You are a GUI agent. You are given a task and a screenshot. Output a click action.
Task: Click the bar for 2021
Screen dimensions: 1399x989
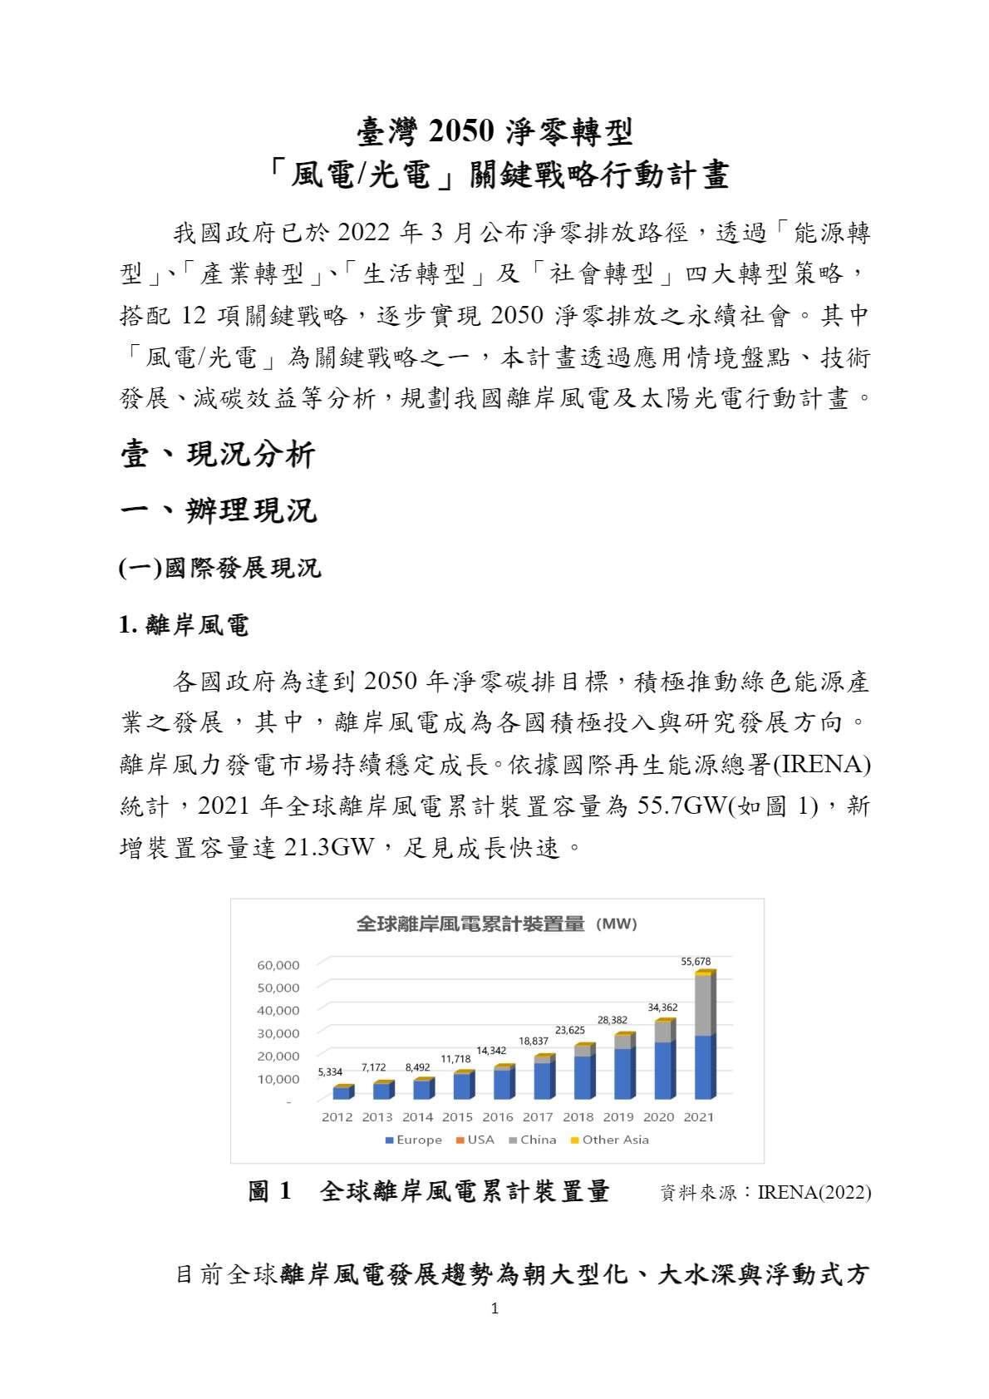[704, 1035]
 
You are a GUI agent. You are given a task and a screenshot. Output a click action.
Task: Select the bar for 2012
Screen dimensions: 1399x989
[342, 1091]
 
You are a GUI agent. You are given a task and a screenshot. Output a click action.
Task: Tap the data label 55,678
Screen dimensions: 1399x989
[696, 962]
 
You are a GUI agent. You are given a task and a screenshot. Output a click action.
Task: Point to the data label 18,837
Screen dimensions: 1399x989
[534, 1041]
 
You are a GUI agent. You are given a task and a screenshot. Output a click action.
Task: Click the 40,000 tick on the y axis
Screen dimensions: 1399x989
[278, 1010]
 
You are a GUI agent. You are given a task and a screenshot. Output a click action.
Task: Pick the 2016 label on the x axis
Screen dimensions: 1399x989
[497, 1117]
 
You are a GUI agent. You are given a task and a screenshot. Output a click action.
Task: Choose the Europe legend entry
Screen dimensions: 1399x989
[413, 1140]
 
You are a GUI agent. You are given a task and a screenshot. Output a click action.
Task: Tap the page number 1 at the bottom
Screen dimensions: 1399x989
[494, 1309]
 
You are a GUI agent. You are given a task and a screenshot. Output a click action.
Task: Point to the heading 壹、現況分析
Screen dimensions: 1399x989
[218, 455]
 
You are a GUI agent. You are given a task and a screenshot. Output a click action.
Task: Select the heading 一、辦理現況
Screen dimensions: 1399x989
[219, 510]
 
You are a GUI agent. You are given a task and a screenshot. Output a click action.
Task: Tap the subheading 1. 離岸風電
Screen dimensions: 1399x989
[184, 625]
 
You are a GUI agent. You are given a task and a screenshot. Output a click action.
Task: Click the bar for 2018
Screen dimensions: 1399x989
[583, 1072]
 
